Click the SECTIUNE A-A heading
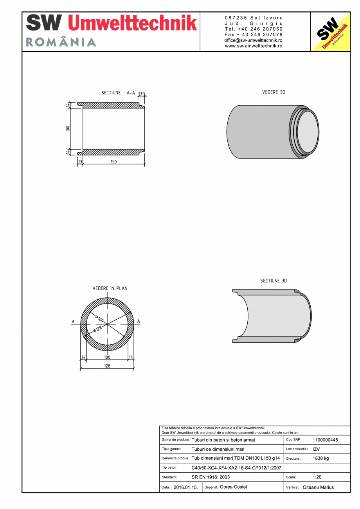118,93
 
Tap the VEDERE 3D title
274,92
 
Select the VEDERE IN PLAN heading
110,288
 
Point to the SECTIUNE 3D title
274,281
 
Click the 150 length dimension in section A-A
113,162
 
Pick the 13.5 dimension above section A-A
142,94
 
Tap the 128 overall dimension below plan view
107,366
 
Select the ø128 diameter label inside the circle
97,329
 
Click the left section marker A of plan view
73,322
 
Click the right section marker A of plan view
139,322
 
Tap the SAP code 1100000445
325,440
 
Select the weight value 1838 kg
321,458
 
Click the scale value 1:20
317,477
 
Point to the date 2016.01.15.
185,487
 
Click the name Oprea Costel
233,487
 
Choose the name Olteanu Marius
318,487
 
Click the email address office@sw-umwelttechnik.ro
254,40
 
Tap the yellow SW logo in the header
330,32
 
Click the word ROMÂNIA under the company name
61,42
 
